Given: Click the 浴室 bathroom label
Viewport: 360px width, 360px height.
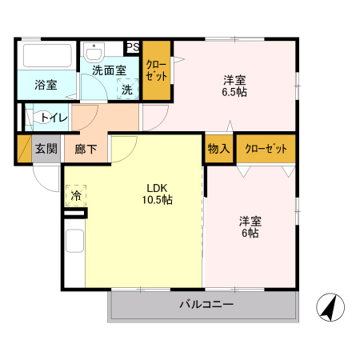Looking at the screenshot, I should tap(46, 84).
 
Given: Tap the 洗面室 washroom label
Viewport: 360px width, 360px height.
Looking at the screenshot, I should tap(109, 70).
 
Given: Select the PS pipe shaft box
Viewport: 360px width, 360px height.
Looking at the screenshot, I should tap(133, 48).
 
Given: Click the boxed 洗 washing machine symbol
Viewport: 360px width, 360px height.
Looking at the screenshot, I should tap(126, 90).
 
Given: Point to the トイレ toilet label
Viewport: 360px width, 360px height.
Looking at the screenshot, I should tap(54, 118).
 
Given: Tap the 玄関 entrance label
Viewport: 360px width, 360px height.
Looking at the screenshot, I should tap(46, 148).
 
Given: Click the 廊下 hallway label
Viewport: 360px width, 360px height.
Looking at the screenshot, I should tap(86, 149).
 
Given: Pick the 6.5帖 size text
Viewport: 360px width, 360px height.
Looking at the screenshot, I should tap(234, 93).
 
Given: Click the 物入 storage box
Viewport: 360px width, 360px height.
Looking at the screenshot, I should tap(219, 149).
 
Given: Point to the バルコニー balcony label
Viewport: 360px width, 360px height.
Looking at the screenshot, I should tap(206, 306).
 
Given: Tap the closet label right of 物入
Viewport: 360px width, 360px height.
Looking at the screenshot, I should tap(265, 149).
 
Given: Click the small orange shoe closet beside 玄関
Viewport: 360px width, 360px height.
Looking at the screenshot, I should tap(22, 150).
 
